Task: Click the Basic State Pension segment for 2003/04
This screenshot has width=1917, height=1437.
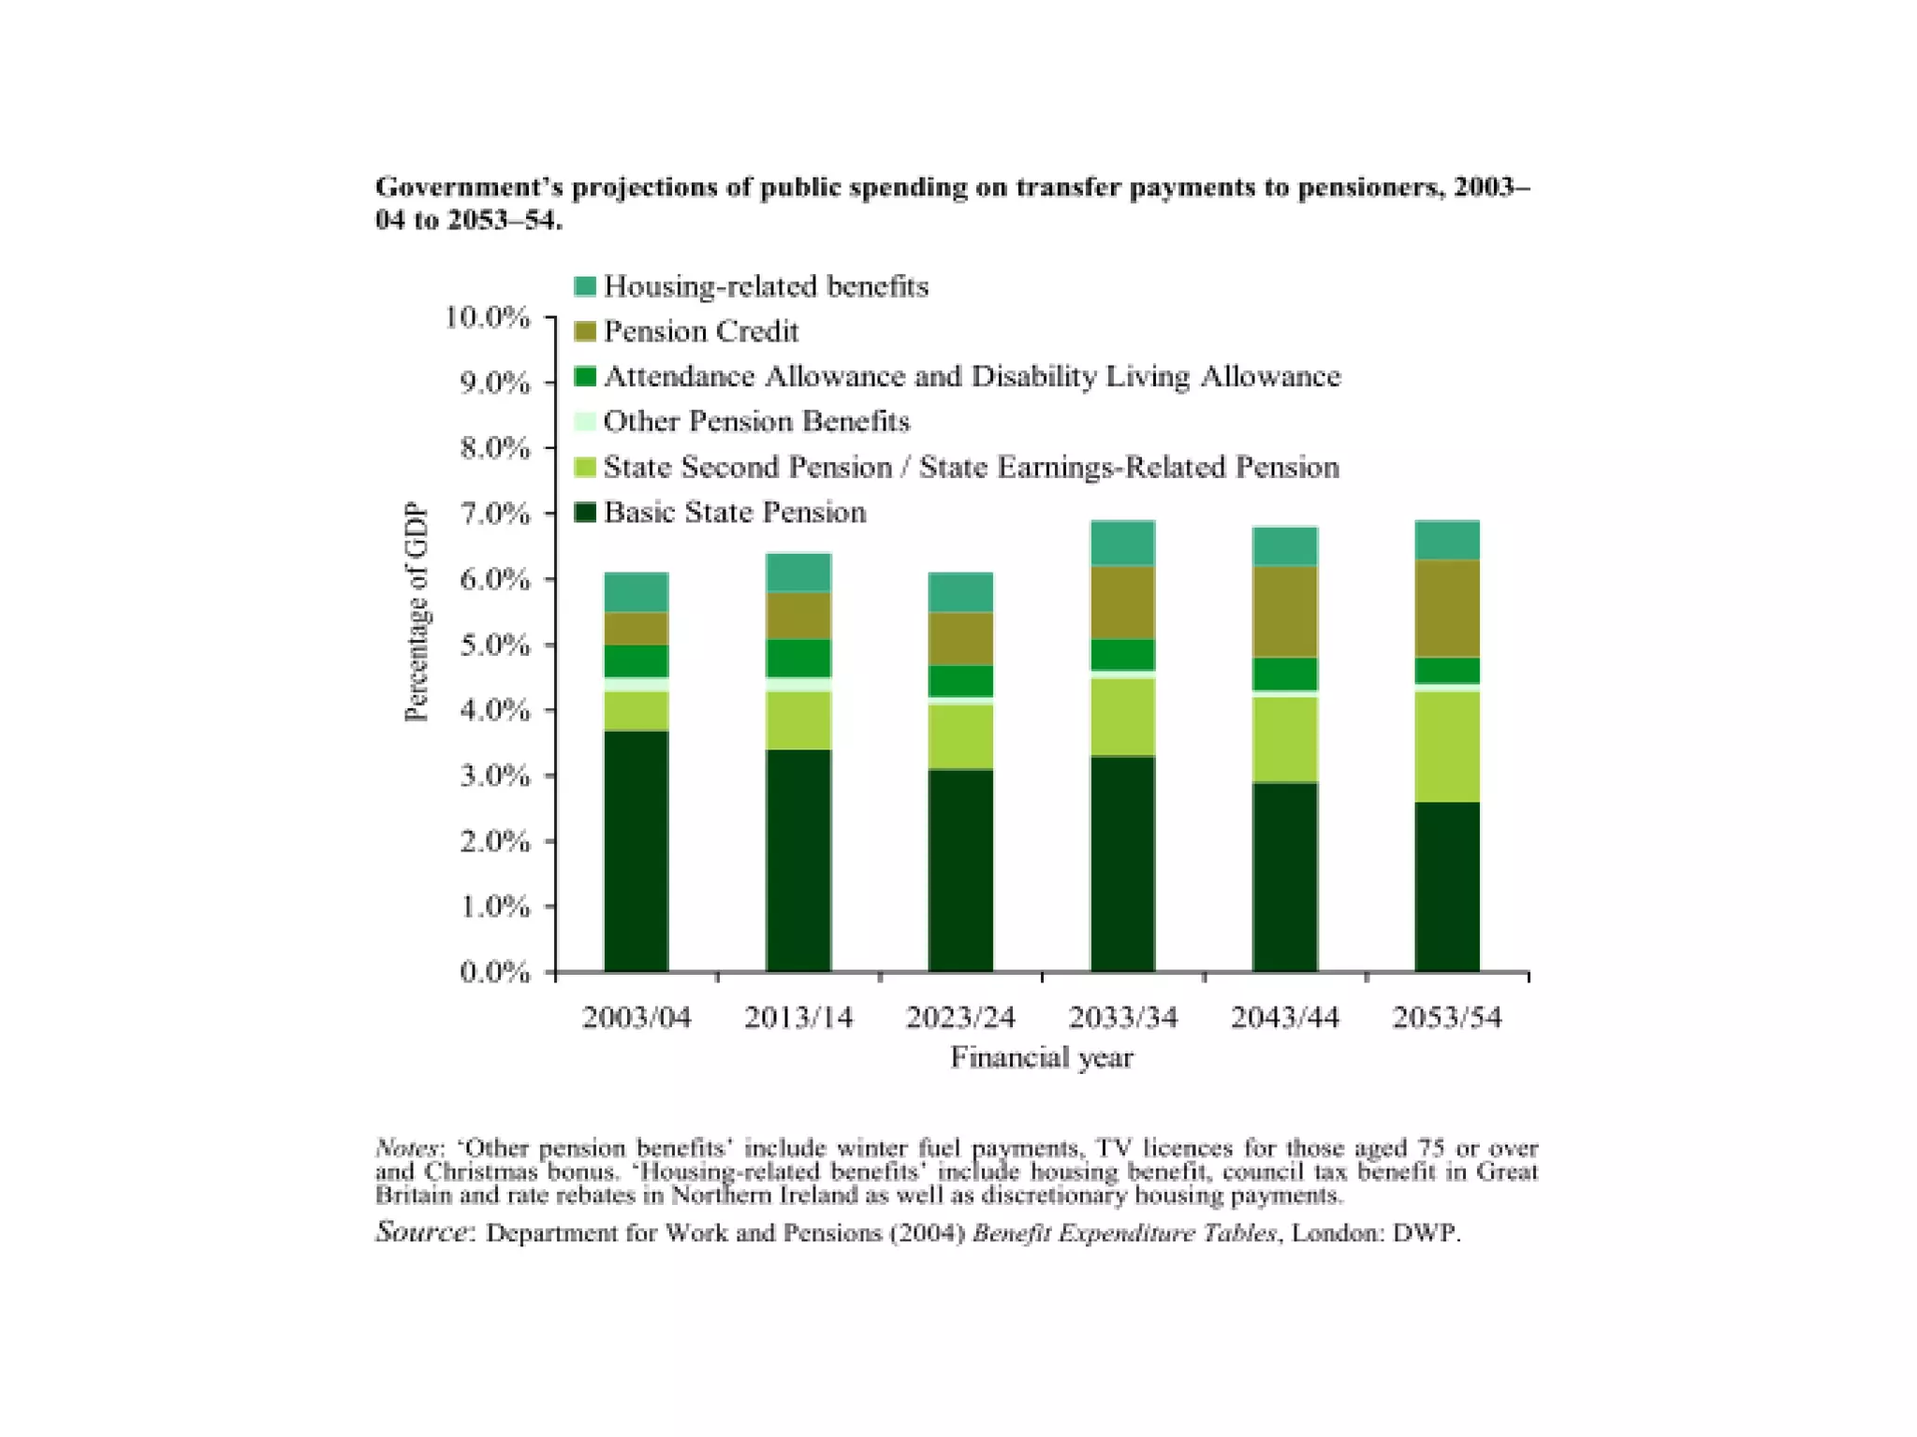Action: (x=637, y=850)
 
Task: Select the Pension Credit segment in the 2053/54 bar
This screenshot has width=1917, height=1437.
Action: (x=1447, y=608)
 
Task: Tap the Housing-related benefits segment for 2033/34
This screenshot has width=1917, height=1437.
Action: (x=1122, y=543)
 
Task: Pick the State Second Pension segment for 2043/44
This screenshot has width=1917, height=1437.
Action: (x=1285, y=739)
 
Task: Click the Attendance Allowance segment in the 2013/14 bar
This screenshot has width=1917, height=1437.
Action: (x=798, y=658)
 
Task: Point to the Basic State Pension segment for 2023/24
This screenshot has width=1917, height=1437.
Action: (x=960, y=870)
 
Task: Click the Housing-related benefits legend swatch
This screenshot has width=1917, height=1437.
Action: (x=585, y=286)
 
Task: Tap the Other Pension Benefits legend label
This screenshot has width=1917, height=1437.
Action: (x=756, y=422)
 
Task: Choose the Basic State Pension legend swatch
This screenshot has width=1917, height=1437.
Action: (x=585, y=513)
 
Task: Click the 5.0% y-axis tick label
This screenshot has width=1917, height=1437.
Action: (x=494, y=645)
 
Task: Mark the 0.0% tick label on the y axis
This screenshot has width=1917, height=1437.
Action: (x=494, y=972)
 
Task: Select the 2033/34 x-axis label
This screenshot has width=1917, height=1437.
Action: (x=1122, y=1017)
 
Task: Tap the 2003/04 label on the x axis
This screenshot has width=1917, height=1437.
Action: (x=637, y=1017)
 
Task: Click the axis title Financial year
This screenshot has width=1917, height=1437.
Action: (x=1042, y=1057)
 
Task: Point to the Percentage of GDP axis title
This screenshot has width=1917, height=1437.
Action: (x=416, y=613)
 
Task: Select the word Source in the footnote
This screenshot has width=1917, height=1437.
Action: (x=420, y=1231)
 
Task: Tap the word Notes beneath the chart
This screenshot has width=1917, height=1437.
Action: (x=405, y=1148)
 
